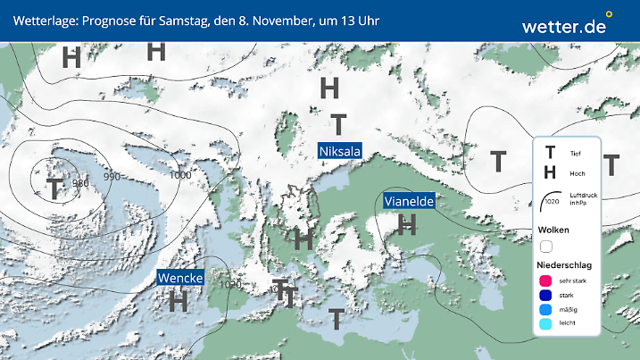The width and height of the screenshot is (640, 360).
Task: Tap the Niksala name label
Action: point(339,152)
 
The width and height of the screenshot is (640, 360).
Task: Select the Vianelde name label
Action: point(409,202)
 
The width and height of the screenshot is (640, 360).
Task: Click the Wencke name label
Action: point(180,279)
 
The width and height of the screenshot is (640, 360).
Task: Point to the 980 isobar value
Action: point(80,183)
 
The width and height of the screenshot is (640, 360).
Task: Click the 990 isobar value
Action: point(112,176)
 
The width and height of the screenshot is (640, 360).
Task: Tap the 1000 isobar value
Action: point(179,175)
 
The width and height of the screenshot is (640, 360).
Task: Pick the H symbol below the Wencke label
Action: point(179,301)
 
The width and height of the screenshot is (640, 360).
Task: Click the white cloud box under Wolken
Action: point(546,246)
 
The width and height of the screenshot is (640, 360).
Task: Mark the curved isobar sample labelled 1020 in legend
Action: point(550,197)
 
